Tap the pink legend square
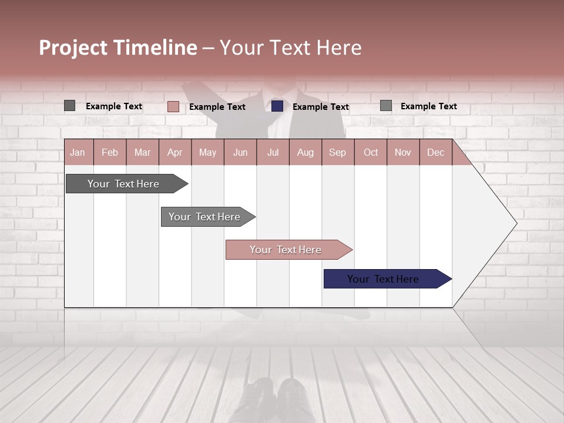173,106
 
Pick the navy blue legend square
277,106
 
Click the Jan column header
78,152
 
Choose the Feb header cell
110,152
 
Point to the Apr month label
175,152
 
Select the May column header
207,152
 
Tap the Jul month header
273,152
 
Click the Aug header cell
305,152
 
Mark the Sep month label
338,152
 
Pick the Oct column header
371,152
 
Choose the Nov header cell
403,152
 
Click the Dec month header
435,152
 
